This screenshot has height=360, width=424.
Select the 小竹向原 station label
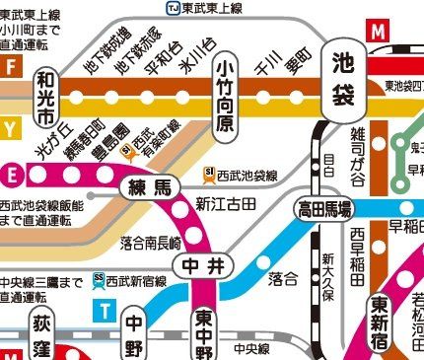(225, 95)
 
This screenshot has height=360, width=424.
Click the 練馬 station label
(148, 187)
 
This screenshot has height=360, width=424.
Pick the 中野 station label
(134, 335)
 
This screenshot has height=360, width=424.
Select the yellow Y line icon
(11, 127)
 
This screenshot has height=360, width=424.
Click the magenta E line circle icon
(13, 175)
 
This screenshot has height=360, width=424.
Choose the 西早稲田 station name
(356, 254)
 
